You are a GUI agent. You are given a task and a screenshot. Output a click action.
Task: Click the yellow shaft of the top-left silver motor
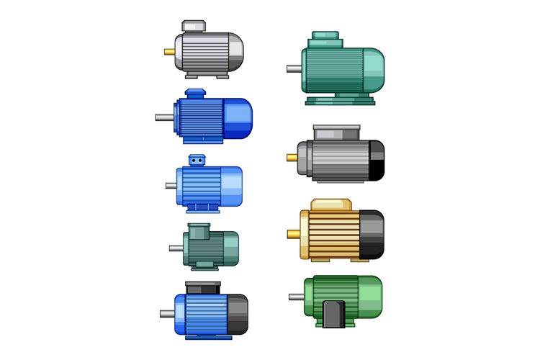pyautogui.click(x=169, y=52)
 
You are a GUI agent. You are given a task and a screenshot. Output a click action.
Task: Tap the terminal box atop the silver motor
pyautogui.click(x=194, y=27)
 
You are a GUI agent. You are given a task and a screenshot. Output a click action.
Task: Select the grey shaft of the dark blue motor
pyautogui.click(x=164, y=117)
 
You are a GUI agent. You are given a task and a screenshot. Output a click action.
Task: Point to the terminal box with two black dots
pyautogui.click(x=197, y=160)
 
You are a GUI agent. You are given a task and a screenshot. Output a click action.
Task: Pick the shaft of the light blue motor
pyautogui.click(x=171, y=186)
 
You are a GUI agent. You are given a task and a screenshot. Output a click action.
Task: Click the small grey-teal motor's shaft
pyautogui.click(x=176, y=248)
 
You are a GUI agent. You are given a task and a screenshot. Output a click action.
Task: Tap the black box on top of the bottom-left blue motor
pyautogui.click(x=203, y=288)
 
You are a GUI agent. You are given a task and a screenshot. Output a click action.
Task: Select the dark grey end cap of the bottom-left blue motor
pyautogui.click(x=237, y=314)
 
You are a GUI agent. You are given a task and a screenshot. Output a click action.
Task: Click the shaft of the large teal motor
pyautogui.click(x=294, y=69)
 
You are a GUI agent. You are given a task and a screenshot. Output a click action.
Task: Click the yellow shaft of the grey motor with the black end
pyautogui.click(x=292, y=158)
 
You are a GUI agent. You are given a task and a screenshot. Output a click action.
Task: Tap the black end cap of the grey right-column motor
pyautogui.click(x=377, y=161)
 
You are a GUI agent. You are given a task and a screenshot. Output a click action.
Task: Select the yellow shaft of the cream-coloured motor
pyautogui.click(x=293, y=234)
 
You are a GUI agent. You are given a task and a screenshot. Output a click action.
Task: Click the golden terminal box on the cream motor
pyautogui.click(x=331, y=205)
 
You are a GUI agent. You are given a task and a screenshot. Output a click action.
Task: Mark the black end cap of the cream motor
pyautogui.click(x=372, y=235)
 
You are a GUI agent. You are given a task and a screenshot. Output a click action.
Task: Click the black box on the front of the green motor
pyautogui.click(x=333, y=314)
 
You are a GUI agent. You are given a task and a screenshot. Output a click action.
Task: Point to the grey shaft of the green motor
pyautogui.click(x=296, y=297)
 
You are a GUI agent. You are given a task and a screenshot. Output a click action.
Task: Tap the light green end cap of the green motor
pyautogui.click(x=369, y=296)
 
